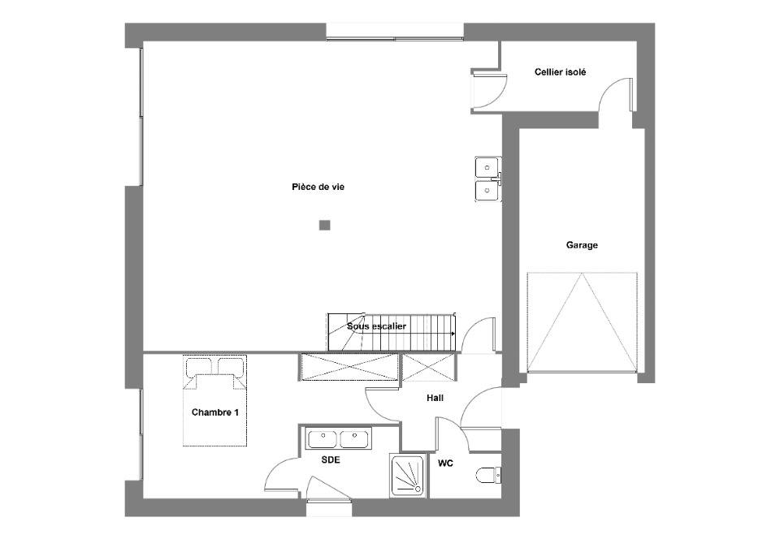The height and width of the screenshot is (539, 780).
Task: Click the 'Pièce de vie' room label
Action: (x=318, y=188)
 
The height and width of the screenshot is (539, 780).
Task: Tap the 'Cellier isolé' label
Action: (x=560, y=72)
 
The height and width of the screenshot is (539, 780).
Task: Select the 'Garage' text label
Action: (x=582, y=245)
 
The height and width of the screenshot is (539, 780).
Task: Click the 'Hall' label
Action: (x=435, y=398)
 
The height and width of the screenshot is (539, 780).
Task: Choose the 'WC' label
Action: (x=445, y=464)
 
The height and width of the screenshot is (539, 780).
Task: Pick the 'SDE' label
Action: (x=331, y=460)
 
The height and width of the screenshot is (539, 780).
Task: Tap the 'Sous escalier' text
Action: (x=376, y=326)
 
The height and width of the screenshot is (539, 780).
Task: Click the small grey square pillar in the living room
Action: (x=325, y=226)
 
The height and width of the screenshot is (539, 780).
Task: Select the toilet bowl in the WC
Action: (x=488, y=476)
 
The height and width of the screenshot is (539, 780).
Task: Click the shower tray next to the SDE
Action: (x=408, y=476)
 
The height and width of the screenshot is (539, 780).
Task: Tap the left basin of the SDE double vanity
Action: (x=323, y=439)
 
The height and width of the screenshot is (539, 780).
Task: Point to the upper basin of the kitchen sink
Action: (x=487, y=167)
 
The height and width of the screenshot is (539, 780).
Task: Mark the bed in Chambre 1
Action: (x=214, y=400)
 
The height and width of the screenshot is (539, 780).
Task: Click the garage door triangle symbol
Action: (x=582, y=322)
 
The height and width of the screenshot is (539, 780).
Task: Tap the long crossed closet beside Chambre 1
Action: (x=349, y=367)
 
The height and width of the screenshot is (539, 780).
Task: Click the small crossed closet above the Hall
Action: (x=428, y=367)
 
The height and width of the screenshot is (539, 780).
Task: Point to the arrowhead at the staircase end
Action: (x=453, y=334)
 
